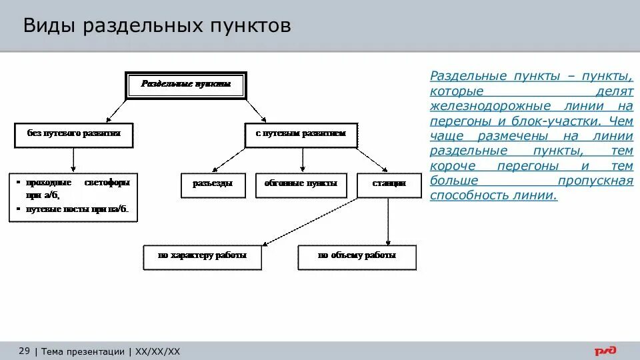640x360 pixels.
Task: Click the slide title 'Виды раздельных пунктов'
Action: (x=157, y=27)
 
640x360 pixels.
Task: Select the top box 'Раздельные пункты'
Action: (x=186, y=85)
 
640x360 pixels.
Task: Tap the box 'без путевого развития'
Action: (x=73, y=134)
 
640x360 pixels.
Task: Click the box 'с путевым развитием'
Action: (x=301, y=134)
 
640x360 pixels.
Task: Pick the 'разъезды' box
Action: (x=213, y=185)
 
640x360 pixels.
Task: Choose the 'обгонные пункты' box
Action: (x=301, y=185)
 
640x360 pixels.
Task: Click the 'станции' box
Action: (x=389, y=185)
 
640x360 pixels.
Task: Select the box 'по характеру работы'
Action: (x=203, y=257)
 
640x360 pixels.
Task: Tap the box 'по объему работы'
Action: (x=357, y=257)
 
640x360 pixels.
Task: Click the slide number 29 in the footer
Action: (x=24, y=351)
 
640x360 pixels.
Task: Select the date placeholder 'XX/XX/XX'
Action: (x=158, y=351)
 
